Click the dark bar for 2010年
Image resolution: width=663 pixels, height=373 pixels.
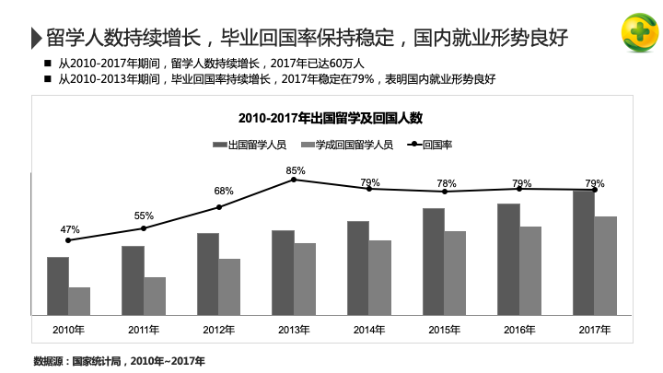(x=58, y=286)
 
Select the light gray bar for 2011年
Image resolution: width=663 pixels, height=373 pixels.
(x=155, y=296)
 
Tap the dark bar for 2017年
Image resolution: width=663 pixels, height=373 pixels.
(x=584, y=251)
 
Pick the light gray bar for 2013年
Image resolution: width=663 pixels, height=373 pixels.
(x=305, y=278)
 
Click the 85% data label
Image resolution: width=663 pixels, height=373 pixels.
(x=296, y=170)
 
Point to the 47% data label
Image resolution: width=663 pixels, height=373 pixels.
(x=70, y=229)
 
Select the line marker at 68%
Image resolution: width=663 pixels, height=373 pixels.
(x=219, y=207)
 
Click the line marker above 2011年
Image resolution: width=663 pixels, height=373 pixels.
(x=144, y=228)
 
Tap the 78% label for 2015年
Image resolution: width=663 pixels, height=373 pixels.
(x=447, y=183)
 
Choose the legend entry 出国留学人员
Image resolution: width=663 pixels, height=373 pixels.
(x=250, y=145)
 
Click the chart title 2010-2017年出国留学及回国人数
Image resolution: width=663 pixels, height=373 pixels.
(x=330, y=118)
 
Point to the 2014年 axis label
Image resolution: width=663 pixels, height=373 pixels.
(x=368, y=330)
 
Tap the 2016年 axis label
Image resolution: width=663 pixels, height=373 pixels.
(x=519, y=330)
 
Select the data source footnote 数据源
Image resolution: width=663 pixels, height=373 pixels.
(x=119, y=360)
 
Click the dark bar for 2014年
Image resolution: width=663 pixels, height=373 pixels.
(x=358, y=268)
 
